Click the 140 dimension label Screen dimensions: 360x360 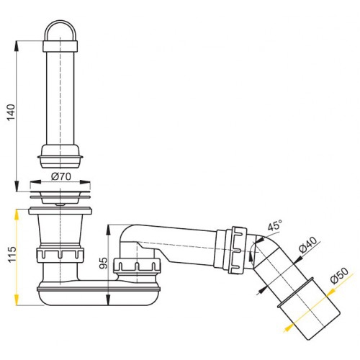pyautogui.click(x=12, y=112)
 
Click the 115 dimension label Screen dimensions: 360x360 pyautogui.click(x=12, y=254)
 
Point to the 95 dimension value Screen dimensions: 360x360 pyautogui.click(x=104, y=263)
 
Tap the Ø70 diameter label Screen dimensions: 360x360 pyautogui.click(x=61, y=176)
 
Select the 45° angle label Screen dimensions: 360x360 pyautogui.click(x=274, y=226)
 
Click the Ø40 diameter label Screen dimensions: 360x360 pyautogui.click(x=307, y=245)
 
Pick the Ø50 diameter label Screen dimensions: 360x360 pyautogui.click(x=339, y=276)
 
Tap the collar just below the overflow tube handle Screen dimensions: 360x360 pyautogui.click(x=60, y=46)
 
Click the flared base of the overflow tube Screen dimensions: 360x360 pyautogui.click(x=60, y=156)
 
